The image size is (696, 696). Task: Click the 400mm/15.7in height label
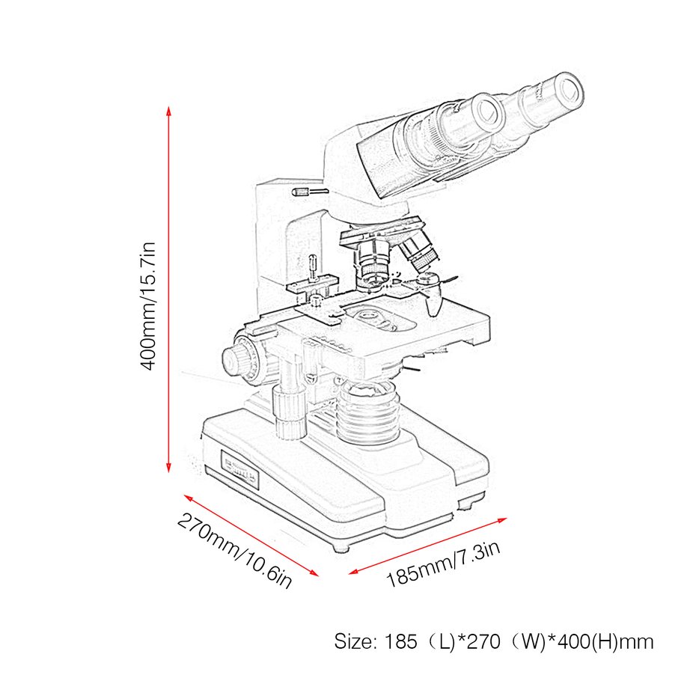pos(149,305)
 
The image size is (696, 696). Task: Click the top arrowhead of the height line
pos(169,111)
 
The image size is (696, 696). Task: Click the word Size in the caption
pos(352,641)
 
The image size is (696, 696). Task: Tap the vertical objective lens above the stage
pos(372,262)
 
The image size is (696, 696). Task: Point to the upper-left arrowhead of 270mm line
pos(187,496)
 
